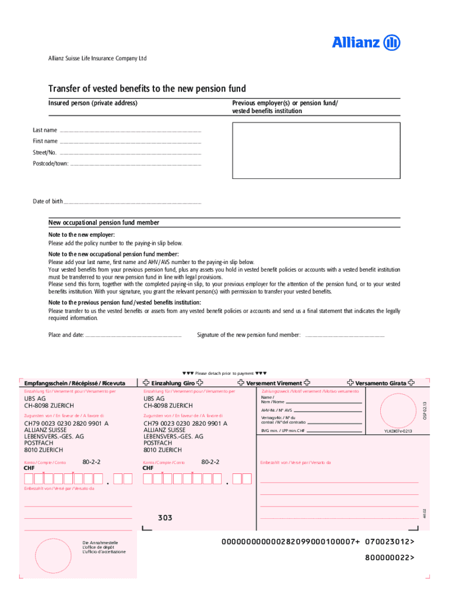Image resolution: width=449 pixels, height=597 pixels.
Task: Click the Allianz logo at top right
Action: (x=366, y=43)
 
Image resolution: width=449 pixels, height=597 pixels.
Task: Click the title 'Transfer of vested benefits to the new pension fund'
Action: (x=147, y=89)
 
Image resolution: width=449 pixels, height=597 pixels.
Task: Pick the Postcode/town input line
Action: (x=135, y=164)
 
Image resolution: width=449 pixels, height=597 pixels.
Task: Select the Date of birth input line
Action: (x=132, y=202)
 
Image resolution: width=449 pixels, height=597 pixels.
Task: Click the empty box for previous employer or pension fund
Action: (x=316, y=150)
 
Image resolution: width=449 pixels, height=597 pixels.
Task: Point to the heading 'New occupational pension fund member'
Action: (x=104, y=223)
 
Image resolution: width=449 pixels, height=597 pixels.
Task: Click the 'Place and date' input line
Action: (x=134, y=335)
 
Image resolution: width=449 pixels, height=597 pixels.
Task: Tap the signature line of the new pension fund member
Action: (x=345, y=335)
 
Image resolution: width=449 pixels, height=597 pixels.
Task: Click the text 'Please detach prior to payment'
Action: (x=224, y=373)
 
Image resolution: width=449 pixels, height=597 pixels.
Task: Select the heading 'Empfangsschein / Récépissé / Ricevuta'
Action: (x=75, y=383)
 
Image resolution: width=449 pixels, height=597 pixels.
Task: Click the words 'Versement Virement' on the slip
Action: (x=273, y=383)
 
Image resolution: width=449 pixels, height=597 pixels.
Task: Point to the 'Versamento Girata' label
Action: (x=381, y=383)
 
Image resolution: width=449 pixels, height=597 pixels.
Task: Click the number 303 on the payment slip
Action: (x=165, y=518)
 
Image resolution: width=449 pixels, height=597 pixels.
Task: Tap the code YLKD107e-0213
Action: (x=398, y=431)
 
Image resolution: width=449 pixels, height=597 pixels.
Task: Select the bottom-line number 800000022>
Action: (x=390, y=557)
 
